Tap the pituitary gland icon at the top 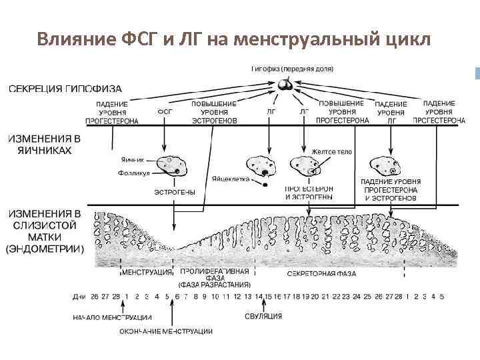[285, 85]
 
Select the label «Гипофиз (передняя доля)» [293, 68]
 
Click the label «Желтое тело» [331, 152]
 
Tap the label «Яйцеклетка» [231, 179]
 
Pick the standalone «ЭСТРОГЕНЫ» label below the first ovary [175, 193]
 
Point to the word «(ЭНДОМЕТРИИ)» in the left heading [45, 249]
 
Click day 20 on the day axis [314, 296]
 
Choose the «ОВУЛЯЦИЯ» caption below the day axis [263, 316]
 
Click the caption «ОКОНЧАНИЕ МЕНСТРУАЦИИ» [166, 330]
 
